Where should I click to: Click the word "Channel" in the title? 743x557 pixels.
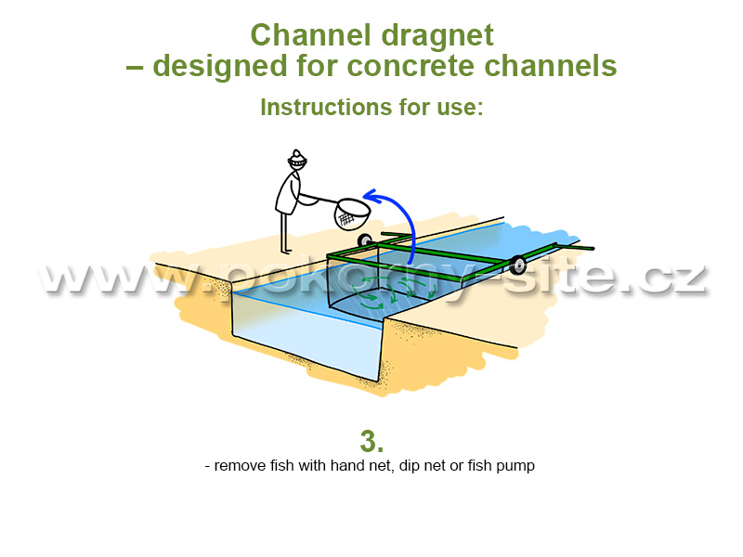(310, 35)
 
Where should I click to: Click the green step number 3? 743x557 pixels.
(371, 442)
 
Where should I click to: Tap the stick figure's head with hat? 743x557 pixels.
(297, 159)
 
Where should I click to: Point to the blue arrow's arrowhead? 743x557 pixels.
(372, 196)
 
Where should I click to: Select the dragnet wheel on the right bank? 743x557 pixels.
(517, 265)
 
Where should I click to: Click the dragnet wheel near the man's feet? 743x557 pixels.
(364, 240)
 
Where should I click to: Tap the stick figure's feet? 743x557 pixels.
(286, 251)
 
